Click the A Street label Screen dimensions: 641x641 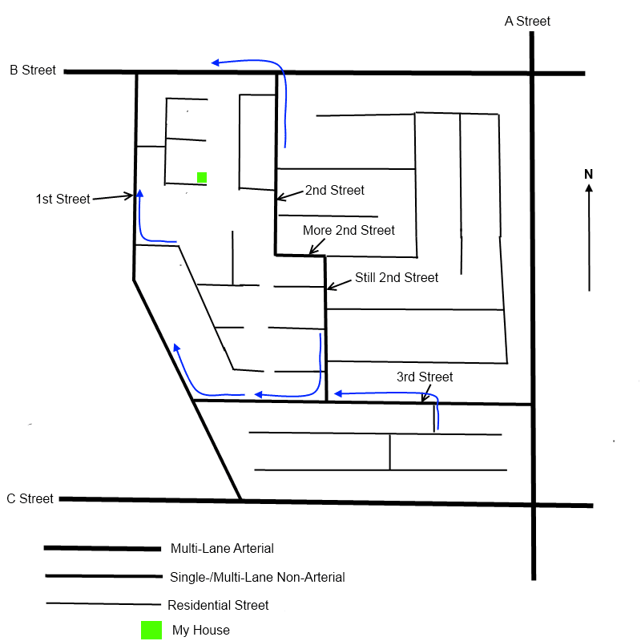[x=527, y=22]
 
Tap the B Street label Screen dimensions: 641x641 [x=33, y=71]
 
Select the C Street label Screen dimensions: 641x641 [x=30, y=499]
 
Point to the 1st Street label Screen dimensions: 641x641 [x=62, y=199]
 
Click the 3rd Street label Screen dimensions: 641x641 [x=425, y=377]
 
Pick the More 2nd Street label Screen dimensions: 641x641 [x=349, y=231]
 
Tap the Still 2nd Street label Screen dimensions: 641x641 [x=397, y=278]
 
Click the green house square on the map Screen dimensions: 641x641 [x=202, y=177]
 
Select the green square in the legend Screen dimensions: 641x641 [x=151, y=630]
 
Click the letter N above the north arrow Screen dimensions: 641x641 [x=588, y=174]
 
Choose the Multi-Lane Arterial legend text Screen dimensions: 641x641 [x=222, y=549]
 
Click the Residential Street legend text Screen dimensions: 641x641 [x=218, y=605]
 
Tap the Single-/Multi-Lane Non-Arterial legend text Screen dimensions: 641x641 [x=257, y=577]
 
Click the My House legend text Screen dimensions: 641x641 [x=201, y=631]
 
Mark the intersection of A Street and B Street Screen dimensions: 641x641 [x=532, y=74]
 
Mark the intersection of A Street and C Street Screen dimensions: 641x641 [x=533, y=505]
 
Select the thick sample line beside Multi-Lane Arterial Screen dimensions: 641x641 [x=102, y=549]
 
